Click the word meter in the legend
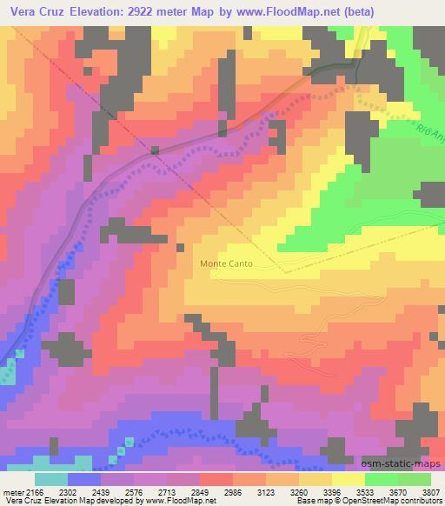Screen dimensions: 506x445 point(15,490)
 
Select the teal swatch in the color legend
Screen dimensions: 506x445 point(51,478)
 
